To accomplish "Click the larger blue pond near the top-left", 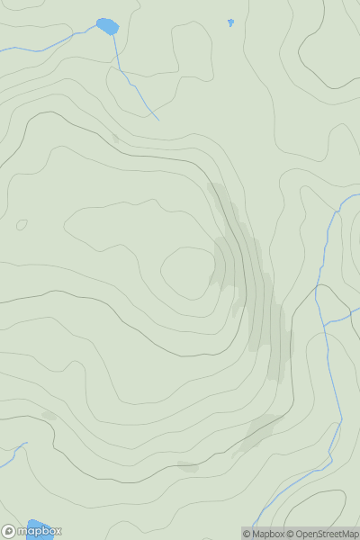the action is pos(107,26).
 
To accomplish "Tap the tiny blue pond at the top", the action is pos(230,22).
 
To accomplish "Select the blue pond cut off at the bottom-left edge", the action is pos(38,526).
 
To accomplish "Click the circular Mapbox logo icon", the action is pos(8,531).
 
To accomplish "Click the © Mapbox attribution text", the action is pos(263,534).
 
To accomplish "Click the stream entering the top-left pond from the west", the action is pos(54,41).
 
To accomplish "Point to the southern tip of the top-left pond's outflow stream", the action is pos(157,119).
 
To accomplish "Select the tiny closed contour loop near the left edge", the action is pos(22,224).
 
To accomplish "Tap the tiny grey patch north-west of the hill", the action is pos(115,139).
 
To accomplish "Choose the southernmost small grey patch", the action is pos(187,466).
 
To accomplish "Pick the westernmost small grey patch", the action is pos(49,415).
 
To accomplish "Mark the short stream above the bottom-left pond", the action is pos(13,452).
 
